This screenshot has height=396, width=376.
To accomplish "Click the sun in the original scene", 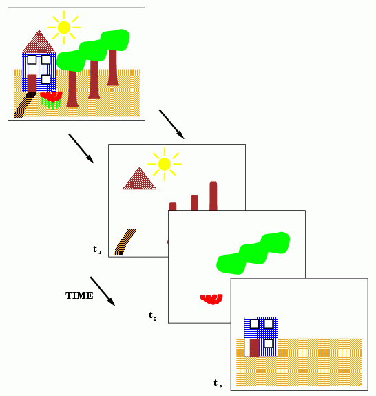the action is [x=64, y=28].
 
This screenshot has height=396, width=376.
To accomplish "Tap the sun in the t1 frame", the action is [x=165, y=164].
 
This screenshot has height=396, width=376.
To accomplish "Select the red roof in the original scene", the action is [x=39, y=43].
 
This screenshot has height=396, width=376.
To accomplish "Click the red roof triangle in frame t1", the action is [x=139, y=179].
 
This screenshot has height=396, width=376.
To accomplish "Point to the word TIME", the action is [x=79, y=295].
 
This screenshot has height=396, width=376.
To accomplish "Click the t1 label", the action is [x=97, y=250].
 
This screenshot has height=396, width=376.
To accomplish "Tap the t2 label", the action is [x=153, y=316].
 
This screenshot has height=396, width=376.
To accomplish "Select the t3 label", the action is [x=218, y=384].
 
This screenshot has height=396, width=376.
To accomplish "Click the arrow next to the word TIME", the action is [x=103, y=291].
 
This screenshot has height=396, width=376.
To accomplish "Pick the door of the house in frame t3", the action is [x=255, y=348].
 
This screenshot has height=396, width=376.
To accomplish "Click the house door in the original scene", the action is [x=32, y=83].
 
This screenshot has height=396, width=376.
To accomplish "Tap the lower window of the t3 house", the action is [x=268, y=344].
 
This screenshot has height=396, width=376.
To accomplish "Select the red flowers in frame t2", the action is [x=211, y=299].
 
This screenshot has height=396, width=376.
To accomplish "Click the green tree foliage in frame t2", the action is [x=253, y=253].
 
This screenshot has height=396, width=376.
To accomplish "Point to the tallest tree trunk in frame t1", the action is [x=213, y=196].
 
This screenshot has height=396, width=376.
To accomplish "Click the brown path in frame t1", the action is [x=125, y=242].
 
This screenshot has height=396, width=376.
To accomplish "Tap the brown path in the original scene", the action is [x=25, y=105].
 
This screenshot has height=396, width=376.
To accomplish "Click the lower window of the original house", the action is [x=45, y=80].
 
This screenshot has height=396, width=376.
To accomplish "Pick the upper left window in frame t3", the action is [x=255, y=324].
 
